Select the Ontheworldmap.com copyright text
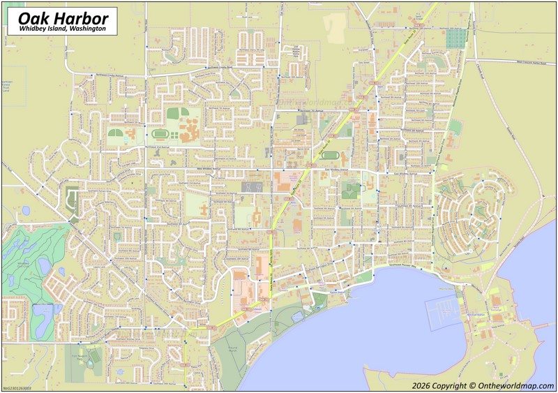[x=481, y=385]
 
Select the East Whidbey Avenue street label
[x=340, y=169]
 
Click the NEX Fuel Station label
[x=478, y=315]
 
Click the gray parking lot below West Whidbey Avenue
[x=252, y=186]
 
